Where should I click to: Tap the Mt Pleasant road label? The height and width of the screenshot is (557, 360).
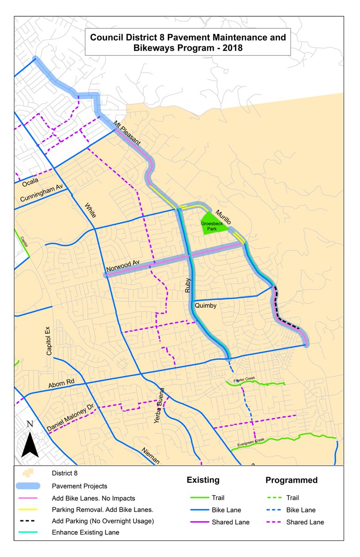[127, 132]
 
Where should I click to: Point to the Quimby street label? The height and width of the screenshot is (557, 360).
[206, 306]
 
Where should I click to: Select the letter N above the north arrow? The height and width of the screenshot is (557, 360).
[30, 424]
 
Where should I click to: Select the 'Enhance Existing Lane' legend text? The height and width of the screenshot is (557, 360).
[85, 532]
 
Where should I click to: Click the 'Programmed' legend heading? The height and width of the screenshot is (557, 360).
[291, 480]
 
